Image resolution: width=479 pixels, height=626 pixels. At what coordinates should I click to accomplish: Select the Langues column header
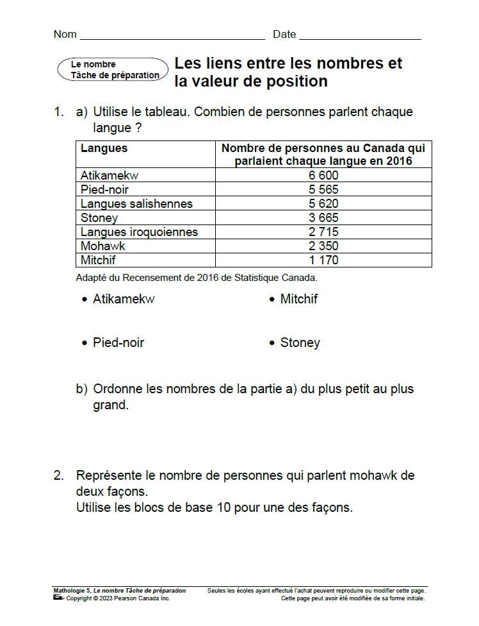104,148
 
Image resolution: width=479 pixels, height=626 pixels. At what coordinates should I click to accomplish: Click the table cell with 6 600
323,175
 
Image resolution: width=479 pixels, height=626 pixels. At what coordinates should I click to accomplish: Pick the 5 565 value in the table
323,189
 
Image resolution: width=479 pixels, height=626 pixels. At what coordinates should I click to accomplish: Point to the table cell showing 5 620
323,203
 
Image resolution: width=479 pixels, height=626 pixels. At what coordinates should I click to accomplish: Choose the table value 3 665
323,217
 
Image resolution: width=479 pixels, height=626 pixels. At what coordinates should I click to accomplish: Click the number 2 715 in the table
323,232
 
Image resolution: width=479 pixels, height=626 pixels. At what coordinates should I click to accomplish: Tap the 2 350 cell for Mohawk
323,246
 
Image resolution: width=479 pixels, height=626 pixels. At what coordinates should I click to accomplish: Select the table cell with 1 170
323,260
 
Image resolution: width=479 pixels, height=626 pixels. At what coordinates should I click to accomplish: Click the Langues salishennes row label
136,203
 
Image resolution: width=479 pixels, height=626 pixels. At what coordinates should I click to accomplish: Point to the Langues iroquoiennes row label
139,232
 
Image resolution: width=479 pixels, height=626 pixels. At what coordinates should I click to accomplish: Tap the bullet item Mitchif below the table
298,299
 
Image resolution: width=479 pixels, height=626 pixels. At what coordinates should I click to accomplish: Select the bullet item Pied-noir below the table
118,343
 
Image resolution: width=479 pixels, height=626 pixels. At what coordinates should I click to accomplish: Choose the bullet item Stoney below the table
300,343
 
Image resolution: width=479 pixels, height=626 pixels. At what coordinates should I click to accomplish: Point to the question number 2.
58,475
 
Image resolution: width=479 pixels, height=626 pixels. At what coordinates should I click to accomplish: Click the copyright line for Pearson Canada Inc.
118,598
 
